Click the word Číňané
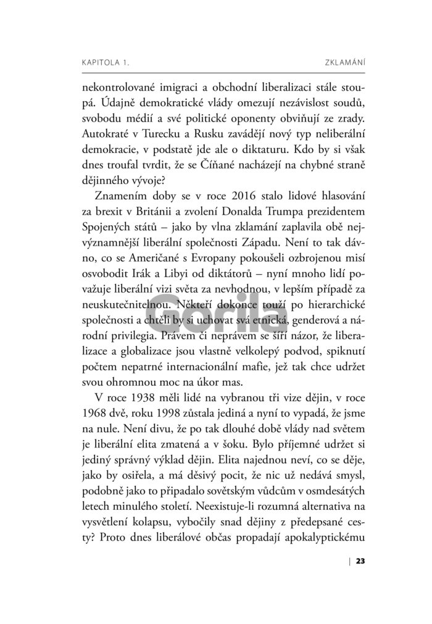click(235, 164)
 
